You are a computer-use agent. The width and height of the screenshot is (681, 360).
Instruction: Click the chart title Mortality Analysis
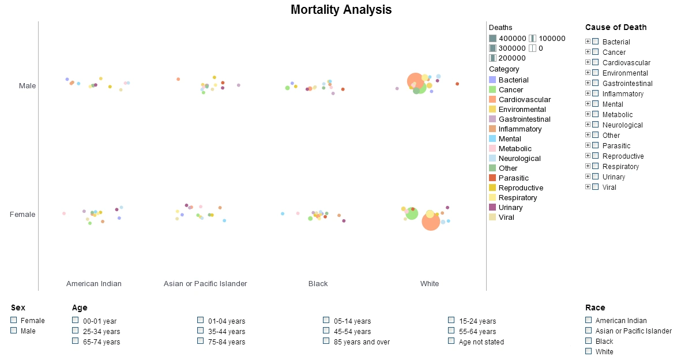(341, 10)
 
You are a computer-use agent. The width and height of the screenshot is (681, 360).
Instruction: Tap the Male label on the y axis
(27, 86)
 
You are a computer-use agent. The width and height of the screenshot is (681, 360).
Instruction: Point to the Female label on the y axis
(22, 215)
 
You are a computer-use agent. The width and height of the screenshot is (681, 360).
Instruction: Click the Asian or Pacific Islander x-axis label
(205, 284)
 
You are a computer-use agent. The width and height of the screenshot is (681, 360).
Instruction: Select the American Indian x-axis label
(94, 284)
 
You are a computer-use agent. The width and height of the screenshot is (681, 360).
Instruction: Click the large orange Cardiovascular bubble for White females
(431, 222)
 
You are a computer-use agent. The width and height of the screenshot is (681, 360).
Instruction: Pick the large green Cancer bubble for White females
(412, 214)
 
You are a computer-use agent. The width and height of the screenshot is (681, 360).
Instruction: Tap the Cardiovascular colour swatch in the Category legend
(492, 100)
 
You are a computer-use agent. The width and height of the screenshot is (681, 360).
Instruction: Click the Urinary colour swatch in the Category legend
(492, 208)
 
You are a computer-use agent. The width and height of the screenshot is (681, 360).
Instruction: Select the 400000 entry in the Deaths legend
(493, 39)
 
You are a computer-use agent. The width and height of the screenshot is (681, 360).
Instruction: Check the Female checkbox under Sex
(14, 320)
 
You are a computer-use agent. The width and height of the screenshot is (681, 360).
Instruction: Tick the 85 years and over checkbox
(326, 341)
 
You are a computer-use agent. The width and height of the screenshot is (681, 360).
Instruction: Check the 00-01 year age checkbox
(76, 320)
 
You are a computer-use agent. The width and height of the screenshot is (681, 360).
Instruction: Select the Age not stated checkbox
(452, 341)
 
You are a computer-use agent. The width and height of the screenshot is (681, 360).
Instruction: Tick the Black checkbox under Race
(588, 341)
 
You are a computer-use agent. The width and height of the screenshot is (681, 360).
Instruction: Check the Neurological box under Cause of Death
(596, 125)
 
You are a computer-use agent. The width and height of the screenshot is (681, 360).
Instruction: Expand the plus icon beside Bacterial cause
(588, 42)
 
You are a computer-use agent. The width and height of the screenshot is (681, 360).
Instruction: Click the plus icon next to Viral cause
(588, 187)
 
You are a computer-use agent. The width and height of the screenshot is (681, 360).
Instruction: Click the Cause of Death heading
(615, 27)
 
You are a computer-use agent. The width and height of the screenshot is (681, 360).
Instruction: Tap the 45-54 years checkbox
(326, 331)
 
